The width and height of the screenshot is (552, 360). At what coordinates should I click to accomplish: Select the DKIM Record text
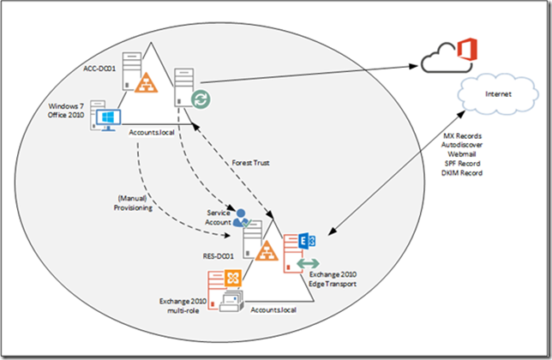(461, 172)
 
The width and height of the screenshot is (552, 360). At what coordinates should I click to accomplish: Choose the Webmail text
(461, 155)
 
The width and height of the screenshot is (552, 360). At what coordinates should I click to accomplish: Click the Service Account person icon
(242, 216)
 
